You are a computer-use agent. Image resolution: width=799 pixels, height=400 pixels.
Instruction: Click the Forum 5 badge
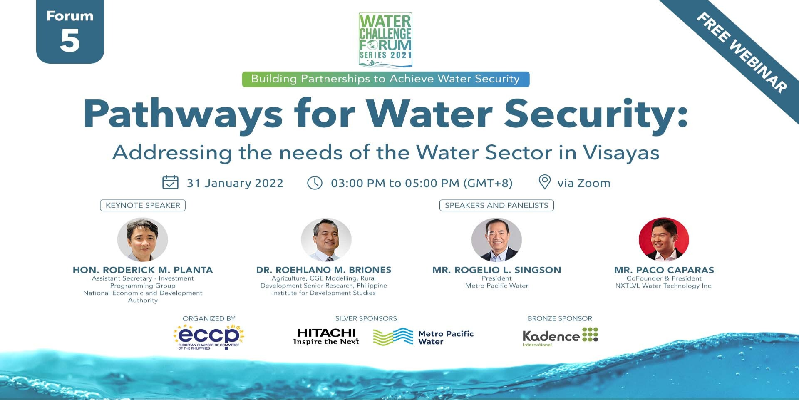tap(70, 32)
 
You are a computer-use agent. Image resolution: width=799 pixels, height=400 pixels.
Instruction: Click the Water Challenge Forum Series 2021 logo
tap(385, 40)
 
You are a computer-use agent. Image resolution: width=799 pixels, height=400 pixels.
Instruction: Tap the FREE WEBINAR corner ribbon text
tap(742, 52)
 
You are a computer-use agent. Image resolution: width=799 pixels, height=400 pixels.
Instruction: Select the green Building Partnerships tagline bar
tap(386, 79)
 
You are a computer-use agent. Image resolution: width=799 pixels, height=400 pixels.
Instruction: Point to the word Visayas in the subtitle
tap(621, 153)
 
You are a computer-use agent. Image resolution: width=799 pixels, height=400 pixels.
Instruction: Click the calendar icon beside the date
tap(170, 182)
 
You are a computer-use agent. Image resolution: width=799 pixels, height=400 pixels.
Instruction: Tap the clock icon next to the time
tap(315, 183)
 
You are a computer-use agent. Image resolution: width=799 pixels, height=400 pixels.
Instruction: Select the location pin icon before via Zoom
tap(544, 182)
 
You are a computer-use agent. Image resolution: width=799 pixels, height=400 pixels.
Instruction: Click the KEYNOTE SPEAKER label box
tap(143, 205)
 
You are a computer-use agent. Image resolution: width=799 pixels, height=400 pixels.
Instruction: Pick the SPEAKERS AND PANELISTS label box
tap(496, 205)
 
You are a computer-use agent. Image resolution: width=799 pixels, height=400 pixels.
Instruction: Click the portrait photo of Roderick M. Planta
tap(143, 239)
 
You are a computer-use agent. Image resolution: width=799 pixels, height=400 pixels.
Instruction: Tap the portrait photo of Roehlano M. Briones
tap(326, 239)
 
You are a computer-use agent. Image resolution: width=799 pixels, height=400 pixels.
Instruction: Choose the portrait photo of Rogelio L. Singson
tap(496, 239)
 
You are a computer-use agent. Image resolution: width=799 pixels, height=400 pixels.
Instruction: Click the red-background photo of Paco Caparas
tap(664, 239)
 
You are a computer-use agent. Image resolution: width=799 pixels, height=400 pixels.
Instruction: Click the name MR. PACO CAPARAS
tap(664, 270)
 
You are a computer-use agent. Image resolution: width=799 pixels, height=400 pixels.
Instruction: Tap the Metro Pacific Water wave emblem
tap(393, 337)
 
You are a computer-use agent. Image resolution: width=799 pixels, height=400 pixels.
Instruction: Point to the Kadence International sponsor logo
tap(560, 337)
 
